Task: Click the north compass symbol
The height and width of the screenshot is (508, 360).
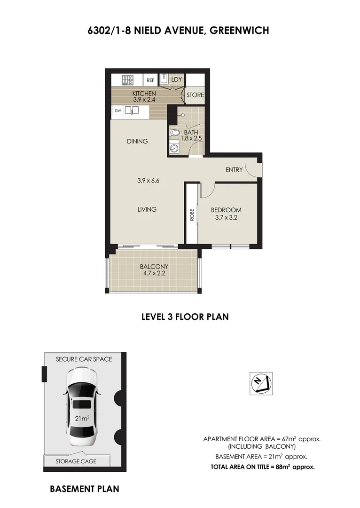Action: [260, 382]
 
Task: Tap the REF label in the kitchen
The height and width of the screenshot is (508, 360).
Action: [150, 80]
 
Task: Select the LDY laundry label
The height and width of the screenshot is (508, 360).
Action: [176, 79]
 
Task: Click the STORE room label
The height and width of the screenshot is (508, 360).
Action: [195, 95]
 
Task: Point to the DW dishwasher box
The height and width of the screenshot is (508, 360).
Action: [118, 111]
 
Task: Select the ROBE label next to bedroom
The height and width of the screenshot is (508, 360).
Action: [192, 215]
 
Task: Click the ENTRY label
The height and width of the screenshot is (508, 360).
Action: [234, 170]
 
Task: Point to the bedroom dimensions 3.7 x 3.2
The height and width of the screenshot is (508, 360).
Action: [226, 217]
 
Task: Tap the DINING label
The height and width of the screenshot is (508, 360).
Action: [137, 141]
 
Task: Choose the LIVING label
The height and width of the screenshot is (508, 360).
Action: [147, 209]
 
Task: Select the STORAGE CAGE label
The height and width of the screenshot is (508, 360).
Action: [76, 461]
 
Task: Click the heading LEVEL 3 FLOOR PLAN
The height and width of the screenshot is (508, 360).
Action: [185, 317]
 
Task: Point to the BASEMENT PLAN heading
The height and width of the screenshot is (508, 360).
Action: [84, 489]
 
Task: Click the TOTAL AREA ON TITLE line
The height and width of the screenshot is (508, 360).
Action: [262, 467]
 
